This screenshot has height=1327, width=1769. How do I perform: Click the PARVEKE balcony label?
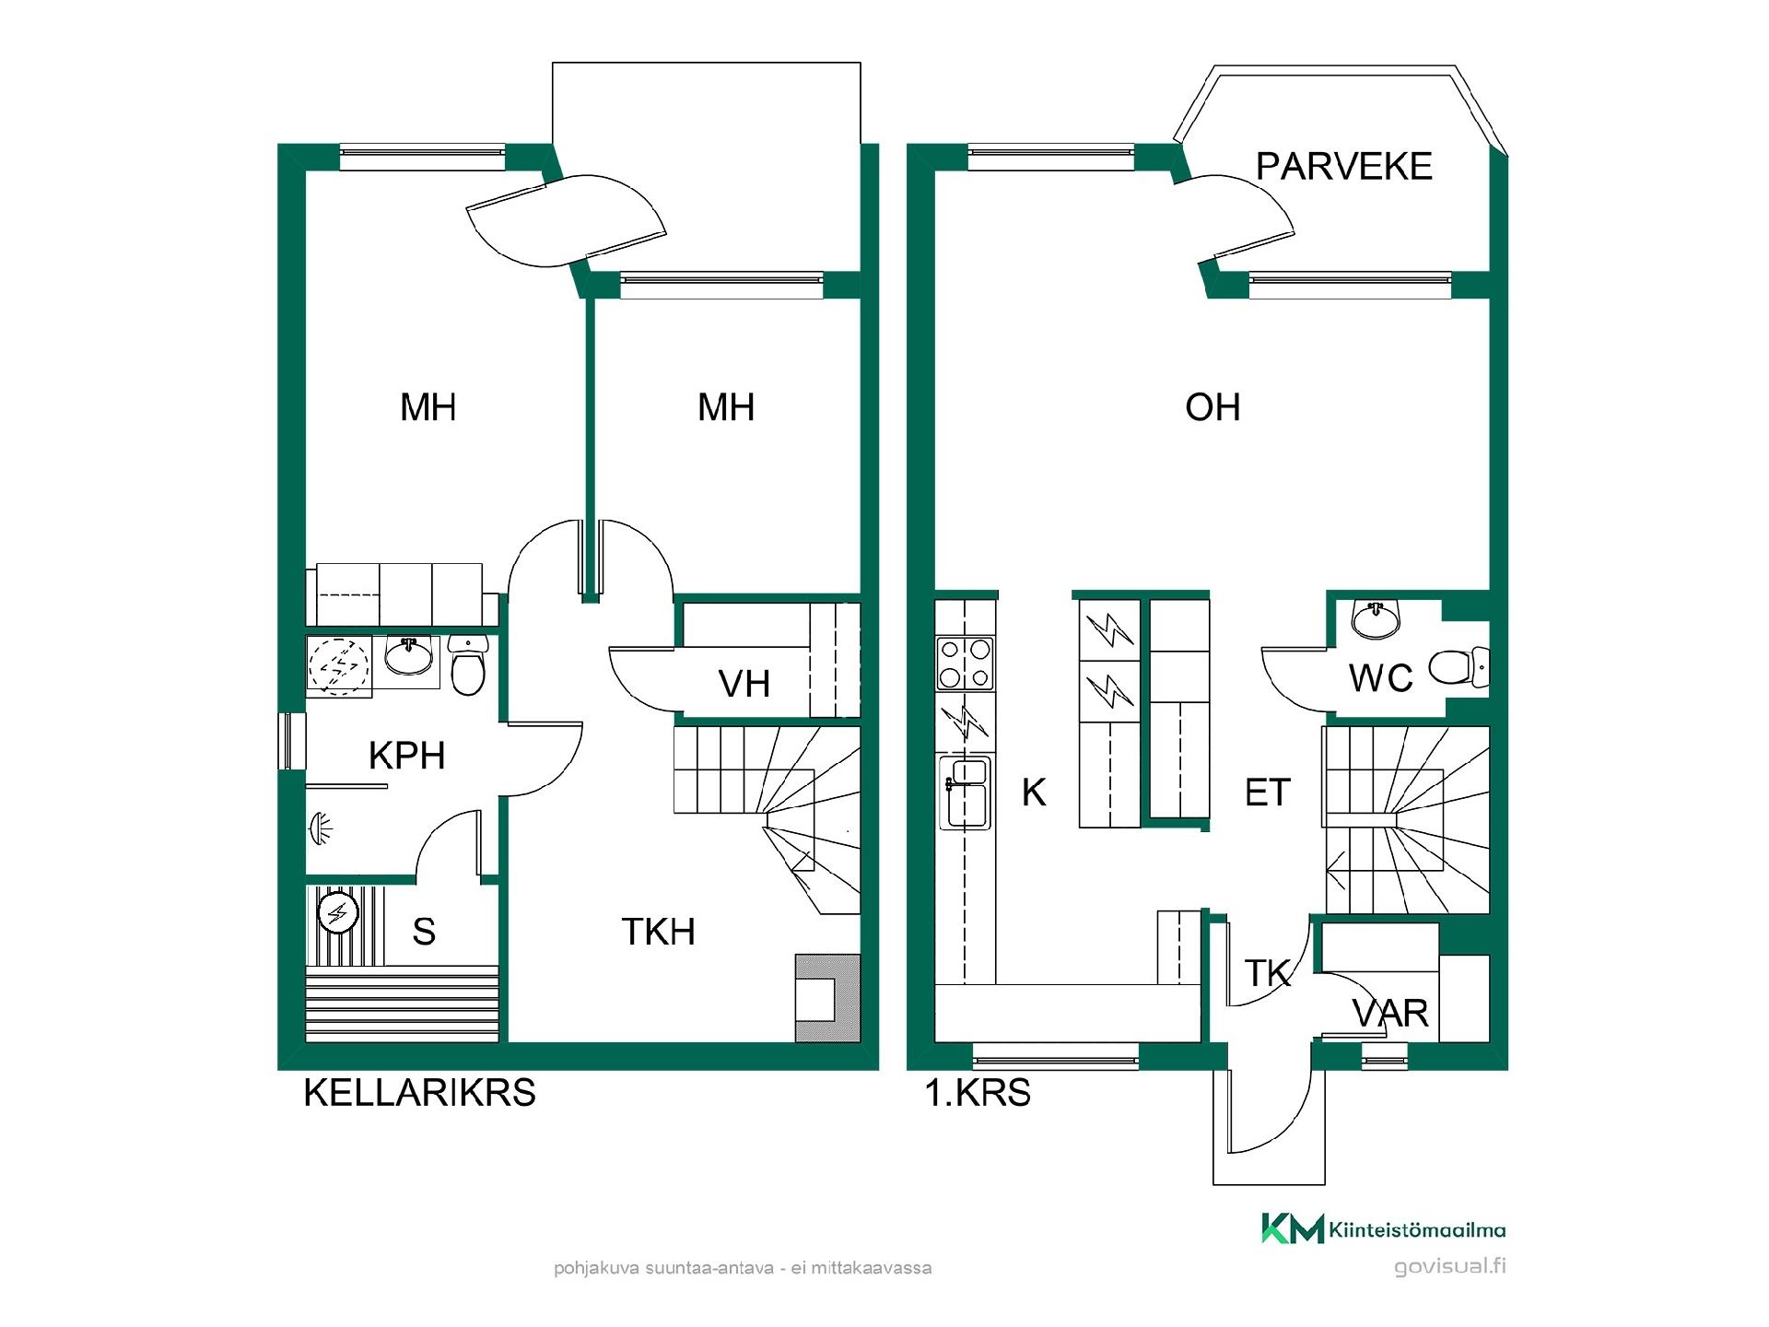[1344, 166]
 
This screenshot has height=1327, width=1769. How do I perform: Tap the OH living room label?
[1213, 407]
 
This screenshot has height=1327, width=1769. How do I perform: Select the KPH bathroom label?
[406, 756]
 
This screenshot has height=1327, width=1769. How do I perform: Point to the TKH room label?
[658, 932]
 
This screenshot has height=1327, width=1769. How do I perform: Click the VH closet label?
[744, 684]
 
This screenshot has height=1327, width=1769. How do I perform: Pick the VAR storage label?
[1390, 1014]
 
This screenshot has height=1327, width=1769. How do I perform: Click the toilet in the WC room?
[1459, 668]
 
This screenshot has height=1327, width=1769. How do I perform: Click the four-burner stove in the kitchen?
[965, 663]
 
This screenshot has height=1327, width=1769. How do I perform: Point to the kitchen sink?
[965, 793]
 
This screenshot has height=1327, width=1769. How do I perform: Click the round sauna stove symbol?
[338, 913]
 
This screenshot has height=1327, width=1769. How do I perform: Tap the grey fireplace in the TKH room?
[827, 999]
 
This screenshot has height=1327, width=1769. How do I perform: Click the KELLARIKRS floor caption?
[419, 1093]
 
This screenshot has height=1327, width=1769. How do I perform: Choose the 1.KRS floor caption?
[978, 1093]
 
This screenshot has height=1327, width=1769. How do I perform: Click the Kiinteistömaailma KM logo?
[1383, 1228]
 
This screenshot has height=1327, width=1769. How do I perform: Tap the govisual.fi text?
[1450, 1266]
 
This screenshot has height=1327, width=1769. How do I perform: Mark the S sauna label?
[424, 932]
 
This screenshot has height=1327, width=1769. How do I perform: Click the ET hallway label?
[1268, 793]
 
